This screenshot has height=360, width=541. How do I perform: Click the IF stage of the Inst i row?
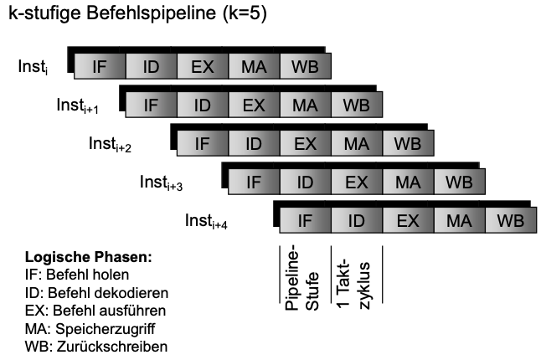100,66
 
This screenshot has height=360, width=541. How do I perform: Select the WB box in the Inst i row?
305,66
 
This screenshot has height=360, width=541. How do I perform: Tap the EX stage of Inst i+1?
254,105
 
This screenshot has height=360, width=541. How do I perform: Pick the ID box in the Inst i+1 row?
202,105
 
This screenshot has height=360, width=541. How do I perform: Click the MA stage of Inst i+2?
356,143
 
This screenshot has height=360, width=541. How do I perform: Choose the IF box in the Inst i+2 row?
202,143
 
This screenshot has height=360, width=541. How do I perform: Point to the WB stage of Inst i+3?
459,182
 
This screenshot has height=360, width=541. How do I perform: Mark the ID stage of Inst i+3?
305,182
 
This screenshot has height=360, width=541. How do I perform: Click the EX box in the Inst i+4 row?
408,220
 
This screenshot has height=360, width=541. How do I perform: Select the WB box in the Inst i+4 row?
510,220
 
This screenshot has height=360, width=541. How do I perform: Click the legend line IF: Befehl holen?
76,275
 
